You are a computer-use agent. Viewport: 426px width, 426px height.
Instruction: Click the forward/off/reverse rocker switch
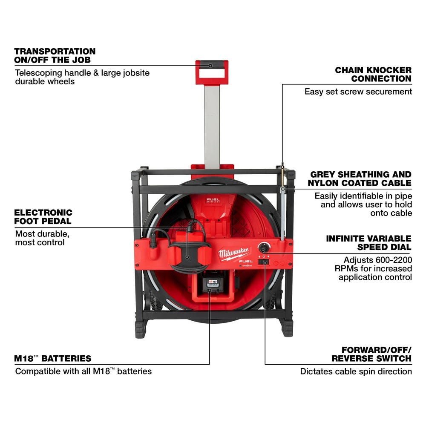[265, 263]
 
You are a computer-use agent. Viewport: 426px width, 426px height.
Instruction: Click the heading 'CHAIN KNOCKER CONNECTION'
[373, 74]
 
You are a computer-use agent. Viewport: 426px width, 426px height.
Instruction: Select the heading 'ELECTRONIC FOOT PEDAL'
[43, 216]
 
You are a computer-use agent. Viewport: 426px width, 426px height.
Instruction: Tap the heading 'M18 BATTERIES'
[53, 358]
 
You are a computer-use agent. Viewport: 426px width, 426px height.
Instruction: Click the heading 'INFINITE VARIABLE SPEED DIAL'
[368, 242]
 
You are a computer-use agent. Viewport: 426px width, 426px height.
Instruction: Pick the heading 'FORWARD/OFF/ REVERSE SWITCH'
[371, 354]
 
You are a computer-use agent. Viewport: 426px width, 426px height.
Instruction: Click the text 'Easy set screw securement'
[358, 92]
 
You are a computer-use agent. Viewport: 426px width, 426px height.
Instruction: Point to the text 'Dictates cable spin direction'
[356, 371]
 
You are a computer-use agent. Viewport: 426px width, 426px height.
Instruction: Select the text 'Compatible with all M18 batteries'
[83, 371]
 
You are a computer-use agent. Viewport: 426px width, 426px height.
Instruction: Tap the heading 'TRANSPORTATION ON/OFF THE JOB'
[55, 55]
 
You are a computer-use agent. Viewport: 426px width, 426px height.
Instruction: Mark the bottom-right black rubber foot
[287, 328]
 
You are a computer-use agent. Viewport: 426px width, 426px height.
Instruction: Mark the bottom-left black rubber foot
[140, 328]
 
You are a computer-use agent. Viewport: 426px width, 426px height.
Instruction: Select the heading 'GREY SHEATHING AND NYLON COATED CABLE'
[361, 178]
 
